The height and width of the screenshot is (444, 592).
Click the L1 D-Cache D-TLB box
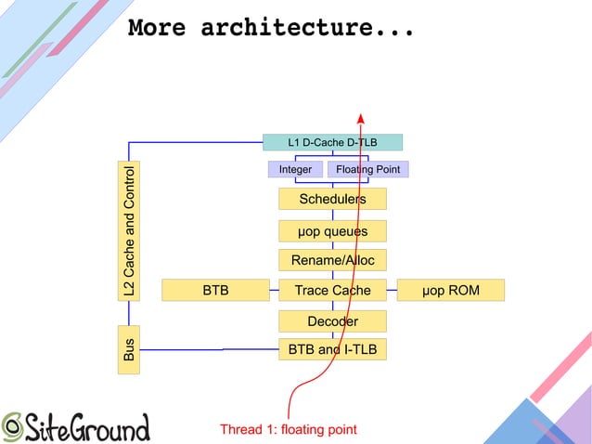(x=332, y=142)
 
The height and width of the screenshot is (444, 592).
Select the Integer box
(x=295, y=170)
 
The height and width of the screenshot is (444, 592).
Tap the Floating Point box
(x=367, y=170)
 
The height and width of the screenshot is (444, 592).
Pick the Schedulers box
(x=332, y=199)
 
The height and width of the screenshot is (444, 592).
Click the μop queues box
(x=332, y=230)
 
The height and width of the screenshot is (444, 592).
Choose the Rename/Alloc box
(x=332, y=260)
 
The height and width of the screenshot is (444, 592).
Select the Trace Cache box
(x=332, y=291)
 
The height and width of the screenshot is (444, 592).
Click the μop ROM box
(x=450, y=291)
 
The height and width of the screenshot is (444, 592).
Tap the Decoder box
(x=332, y=321)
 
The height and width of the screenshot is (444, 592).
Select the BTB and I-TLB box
(x=332, y=349)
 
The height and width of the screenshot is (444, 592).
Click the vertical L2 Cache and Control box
(x=130, y=230)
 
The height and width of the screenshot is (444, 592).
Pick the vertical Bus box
(x=130, y=350)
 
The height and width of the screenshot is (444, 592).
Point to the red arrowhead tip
(x=360, y=115)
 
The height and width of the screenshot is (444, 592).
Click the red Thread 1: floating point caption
(x=288, y=429)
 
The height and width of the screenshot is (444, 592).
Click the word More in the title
(x=157, y=27)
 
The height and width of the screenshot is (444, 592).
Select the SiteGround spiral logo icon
(x=13, y=425)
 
